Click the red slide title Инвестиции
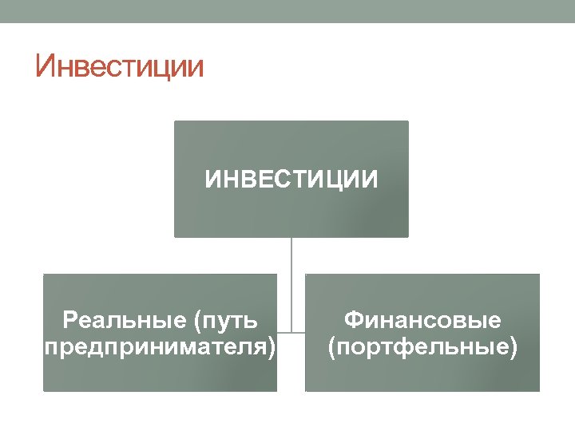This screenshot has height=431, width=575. [120, 67]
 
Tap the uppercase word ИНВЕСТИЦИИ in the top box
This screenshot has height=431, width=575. [291, 180]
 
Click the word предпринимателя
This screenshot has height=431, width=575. [155, 347]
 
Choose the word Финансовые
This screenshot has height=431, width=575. [422, 321]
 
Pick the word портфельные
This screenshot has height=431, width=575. [422, 347]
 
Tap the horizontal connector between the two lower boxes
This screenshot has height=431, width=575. [291, 332]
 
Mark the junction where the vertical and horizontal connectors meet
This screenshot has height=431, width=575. [291, 332]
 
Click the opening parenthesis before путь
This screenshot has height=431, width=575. [198, 322]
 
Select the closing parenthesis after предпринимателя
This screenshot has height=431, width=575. [274, 348]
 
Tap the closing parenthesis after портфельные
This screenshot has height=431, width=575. [513, 348]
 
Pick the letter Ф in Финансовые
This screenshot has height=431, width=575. [353, 321]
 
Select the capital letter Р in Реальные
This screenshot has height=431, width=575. [69, 321]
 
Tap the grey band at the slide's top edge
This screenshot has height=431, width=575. [287, 10]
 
